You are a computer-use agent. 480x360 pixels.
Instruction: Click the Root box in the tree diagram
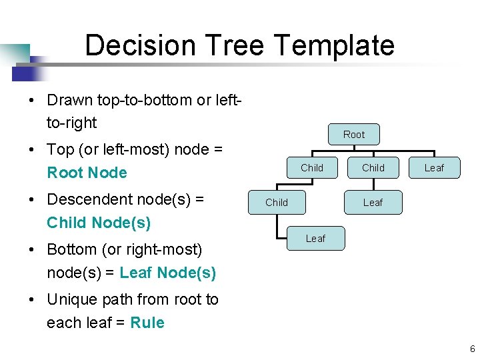353,135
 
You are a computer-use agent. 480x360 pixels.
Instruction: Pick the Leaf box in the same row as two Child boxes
434,168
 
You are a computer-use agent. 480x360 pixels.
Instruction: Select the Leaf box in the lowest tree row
315,239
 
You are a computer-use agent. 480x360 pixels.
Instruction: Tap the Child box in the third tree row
277,203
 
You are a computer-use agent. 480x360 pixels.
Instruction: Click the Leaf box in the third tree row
373,203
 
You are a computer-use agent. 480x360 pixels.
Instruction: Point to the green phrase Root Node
87,173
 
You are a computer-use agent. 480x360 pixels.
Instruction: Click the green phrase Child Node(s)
99,223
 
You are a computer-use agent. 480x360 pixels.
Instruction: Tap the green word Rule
147,323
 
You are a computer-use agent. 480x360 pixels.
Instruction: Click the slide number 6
472,349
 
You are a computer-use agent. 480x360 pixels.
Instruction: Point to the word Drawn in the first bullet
70,100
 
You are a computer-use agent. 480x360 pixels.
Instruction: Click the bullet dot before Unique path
31,300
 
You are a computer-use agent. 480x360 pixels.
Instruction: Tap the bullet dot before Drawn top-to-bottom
31,101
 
